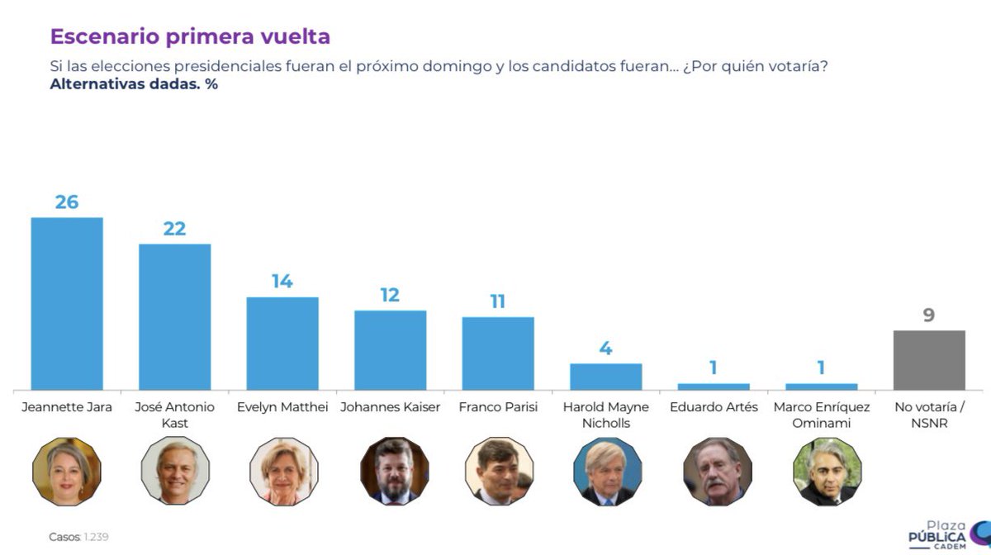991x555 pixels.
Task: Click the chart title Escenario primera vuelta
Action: point(190,36)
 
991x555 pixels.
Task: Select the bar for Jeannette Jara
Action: point(67,303)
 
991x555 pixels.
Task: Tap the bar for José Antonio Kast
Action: point(174,316)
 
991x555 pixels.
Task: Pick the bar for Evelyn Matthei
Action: point(282,343)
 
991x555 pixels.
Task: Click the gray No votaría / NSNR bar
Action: point(929,360)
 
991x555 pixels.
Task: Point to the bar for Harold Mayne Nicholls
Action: point(605,377)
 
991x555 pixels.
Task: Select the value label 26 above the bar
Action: point(67,202)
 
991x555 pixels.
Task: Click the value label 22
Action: point(174,228)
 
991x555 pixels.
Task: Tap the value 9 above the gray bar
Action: point(929,315)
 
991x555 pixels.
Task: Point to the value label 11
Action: point(498,301)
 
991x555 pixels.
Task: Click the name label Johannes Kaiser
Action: point(390,407)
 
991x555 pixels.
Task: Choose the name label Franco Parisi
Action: point(498,407)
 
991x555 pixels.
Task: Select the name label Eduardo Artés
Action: point(714,407)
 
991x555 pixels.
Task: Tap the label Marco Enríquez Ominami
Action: point(821,415)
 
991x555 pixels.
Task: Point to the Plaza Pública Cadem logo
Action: point(946,534)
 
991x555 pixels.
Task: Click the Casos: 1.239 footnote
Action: point(78,537)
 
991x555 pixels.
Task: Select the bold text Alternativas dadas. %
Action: point(134,83)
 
